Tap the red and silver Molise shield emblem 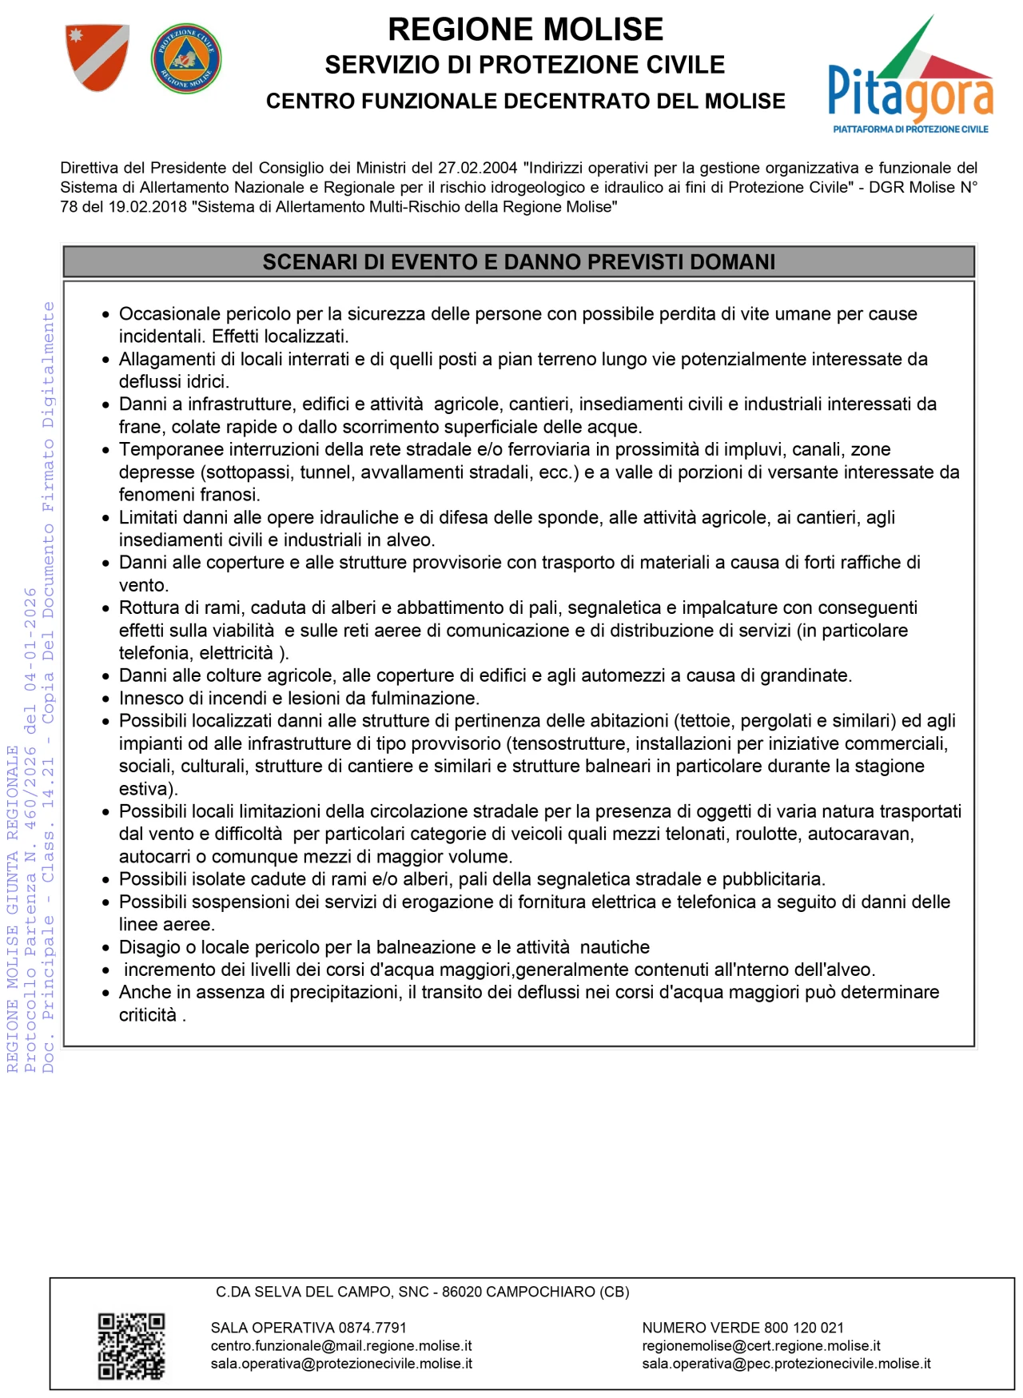[x=97, y=57]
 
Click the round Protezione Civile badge [x=186, y=58]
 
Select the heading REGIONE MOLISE [x=525, y=30]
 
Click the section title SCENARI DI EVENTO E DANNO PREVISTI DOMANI [x=519, y=262]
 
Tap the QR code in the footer [x=131, y=1346]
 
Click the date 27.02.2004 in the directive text [x=477, y=168]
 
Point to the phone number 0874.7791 [x=372, y=1328]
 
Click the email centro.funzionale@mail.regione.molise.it [x=341, y=1346]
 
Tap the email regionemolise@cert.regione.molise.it [x=761, y=1346]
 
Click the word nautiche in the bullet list [x=615, y=947]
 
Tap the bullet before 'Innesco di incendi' [x=105, y=699]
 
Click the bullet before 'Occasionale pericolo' [x=105, y=315]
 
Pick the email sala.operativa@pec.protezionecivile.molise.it [x=786, y=1364]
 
